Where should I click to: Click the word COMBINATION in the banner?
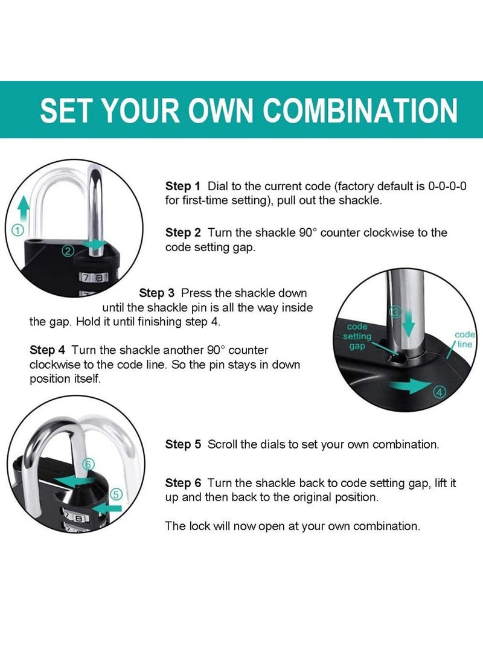pos(360,110)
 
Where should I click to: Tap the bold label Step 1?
pos(182,186)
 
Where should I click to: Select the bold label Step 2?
pos(182,232)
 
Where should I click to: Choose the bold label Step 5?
pos(182,444)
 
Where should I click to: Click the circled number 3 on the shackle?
pos(395,311)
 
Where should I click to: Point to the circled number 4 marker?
pos(440,392)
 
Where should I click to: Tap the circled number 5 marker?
pos(117,494)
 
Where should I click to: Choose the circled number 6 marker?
pos(88,464)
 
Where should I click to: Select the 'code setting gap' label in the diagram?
pos(357,337)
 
